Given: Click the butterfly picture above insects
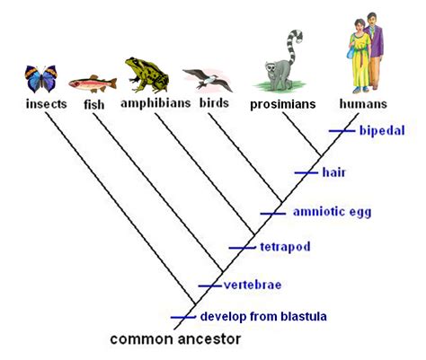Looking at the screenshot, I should pos(42,79).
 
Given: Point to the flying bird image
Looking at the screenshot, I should pos(207,80).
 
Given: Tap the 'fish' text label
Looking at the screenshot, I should pos(94,105).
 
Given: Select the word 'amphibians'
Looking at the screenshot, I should pos(155,103).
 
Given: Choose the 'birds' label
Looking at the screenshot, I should pos(214,104).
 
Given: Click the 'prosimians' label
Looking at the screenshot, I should pos(283,105).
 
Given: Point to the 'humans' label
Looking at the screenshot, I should pos(364,105).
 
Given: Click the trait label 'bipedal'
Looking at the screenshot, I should pos(381,131).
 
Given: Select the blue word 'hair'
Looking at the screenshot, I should pos(333,171).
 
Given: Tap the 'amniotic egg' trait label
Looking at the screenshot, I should pos(332,212).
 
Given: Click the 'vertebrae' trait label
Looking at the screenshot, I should pos(253,285).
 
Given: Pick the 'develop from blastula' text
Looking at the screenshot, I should pos(262,316).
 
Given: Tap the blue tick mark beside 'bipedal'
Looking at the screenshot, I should pos(342,131).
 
